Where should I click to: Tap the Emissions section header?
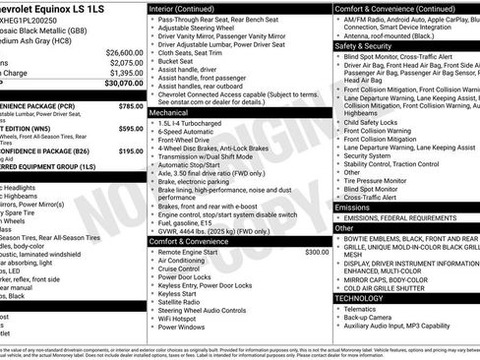352,208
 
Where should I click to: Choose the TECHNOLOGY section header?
359,297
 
